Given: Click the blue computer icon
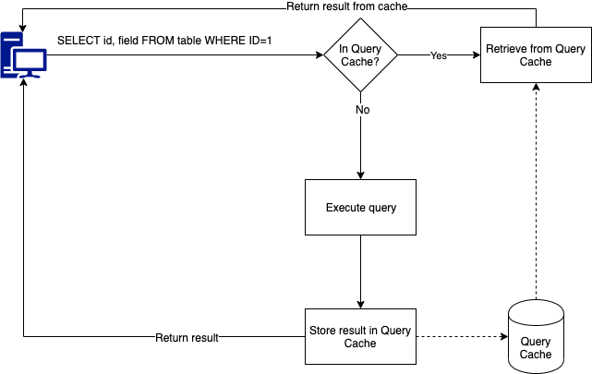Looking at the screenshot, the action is pos(23,55).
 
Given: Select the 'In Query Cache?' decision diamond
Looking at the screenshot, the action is pos(360,55).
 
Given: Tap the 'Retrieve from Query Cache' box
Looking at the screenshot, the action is pos(536,55).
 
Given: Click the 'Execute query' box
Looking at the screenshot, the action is pos(360,207).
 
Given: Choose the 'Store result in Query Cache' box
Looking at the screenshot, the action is pos(360,337).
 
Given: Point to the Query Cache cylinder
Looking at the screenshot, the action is pos(536,337).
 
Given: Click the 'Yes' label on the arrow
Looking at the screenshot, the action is pos(439,55).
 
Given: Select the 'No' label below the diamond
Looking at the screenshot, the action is pos(362,110).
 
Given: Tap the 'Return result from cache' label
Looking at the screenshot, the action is pos(347,6).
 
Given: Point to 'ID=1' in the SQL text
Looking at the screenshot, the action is pos(260,41).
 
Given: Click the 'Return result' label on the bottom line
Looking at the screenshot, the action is pos(187,337).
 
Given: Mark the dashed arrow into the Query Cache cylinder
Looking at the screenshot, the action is pos(462,336).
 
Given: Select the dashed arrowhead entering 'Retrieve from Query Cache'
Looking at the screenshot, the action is pos(536,87).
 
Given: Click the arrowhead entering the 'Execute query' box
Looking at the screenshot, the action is pos(360,175).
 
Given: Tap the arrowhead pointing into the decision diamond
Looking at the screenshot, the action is pos(320,55).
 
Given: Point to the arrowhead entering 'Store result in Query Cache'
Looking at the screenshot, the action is pos(360,305).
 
